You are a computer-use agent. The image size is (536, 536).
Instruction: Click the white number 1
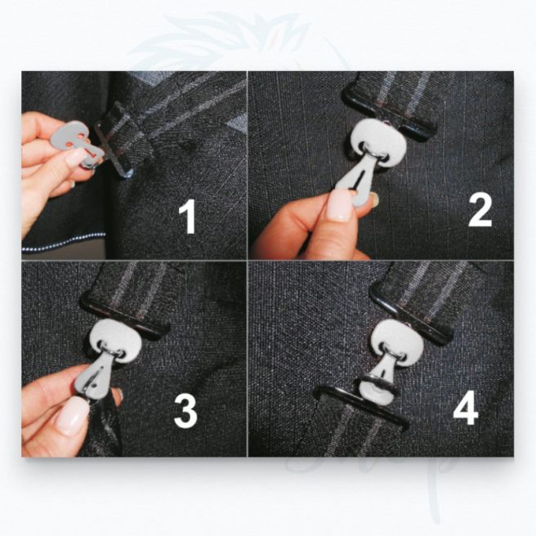pyautogui.click(x=188, y=219)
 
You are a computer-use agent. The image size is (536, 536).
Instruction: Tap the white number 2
pyautogui.click(x=480, y=211)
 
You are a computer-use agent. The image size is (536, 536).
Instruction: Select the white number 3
pyautogui.click(x=185, y=413)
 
